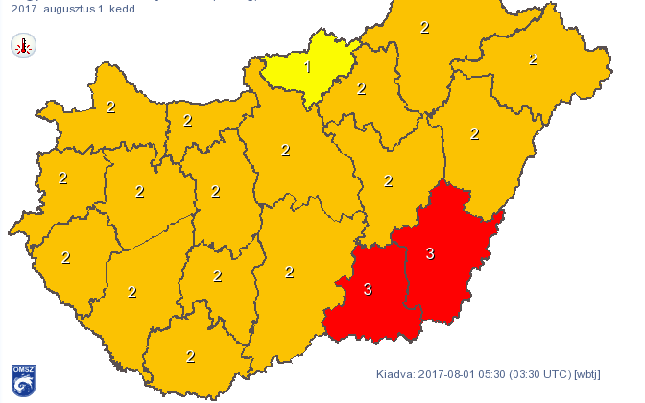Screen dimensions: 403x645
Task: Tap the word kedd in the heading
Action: pyautogui.click(x=126, y=8)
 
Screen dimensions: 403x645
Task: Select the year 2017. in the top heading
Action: pyautogui.click(x=27, y=8)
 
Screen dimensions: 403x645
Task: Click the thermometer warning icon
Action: pyautogui.click(x=23, y=44)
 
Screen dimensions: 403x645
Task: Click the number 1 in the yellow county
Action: pyautogui.click(x=307, y=67)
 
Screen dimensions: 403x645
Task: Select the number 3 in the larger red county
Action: pyautogui.click(x=430, y=253)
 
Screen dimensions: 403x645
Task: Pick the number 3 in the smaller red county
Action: pyautogui.click(x=368, y=288)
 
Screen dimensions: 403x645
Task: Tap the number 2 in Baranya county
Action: pyautogui.click(x=190, y=357)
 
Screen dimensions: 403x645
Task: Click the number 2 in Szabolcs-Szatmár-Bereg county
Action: pyautogui.click(x=533, y=59)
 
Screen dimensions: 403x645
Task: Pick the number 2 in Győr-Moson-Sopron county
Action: pyautogui.click(x=110, y=107)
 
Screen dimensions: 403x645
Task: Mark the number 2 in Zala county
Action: pyautogui.click(x=65, y=257)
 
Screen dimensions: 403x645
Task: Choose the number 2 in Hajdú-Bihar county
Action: pyautogui.click(x=474, y=133)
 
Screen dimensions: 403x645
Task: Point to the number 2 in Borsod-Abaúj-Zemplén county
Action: pyautogui.click(x=424, y=27)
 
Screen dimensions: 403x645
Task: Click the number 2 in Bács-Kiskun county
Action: pyautogui.click(x=289, y=272)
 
